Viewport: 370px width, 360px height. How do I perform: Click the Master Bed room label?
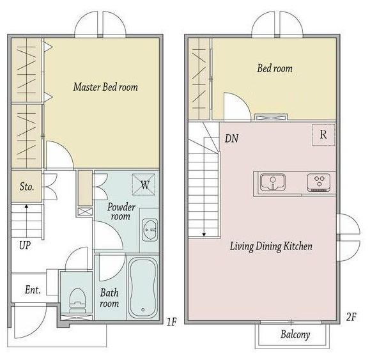coord(105,87)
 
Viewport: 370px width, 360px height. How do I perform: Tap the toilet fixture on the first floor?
coord(77,301)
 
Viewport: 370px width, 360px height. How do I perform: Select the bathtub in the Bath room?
coord(143,288)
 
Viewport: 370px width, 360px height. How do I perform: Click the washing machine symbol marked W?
coord(144,185)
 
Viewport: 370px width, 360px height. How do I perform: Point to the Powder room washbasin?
coord(150,230)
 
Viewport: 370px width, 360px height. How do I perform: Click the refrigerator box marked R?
coord(323,135)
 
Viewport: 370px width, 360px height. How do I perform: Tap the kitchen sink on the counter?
coord(273,182)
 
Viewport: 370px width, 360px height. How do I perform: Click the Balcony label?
coord(295,334)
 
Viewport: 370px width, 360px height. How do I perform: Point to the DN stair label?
coord(231,139)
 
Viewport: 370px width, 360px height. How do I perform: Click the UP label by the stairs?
coord(25,246)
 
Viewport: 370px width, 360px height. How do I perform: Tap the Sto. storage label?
coord(27,187)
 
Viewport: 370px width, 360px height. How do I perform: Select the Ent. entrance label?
coord(33,290)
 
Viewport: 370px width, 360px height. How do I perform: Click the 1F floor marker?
coord(171,322)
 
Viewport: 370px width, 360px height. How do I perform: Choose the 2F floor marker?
coord(351,317)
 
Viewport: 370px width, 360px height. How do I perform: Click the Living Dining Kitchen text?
coord(271,246)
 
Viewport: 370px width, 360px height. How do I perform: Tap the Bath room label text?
coord(109,298)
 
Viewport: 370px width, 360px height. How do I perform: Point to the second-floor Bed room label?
coord(275,68)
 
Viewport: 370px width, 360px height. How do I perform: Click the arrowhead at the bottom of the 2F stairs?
coord(204,235)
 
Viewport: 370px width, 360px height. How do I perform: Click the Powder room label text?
coord(121,212)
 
